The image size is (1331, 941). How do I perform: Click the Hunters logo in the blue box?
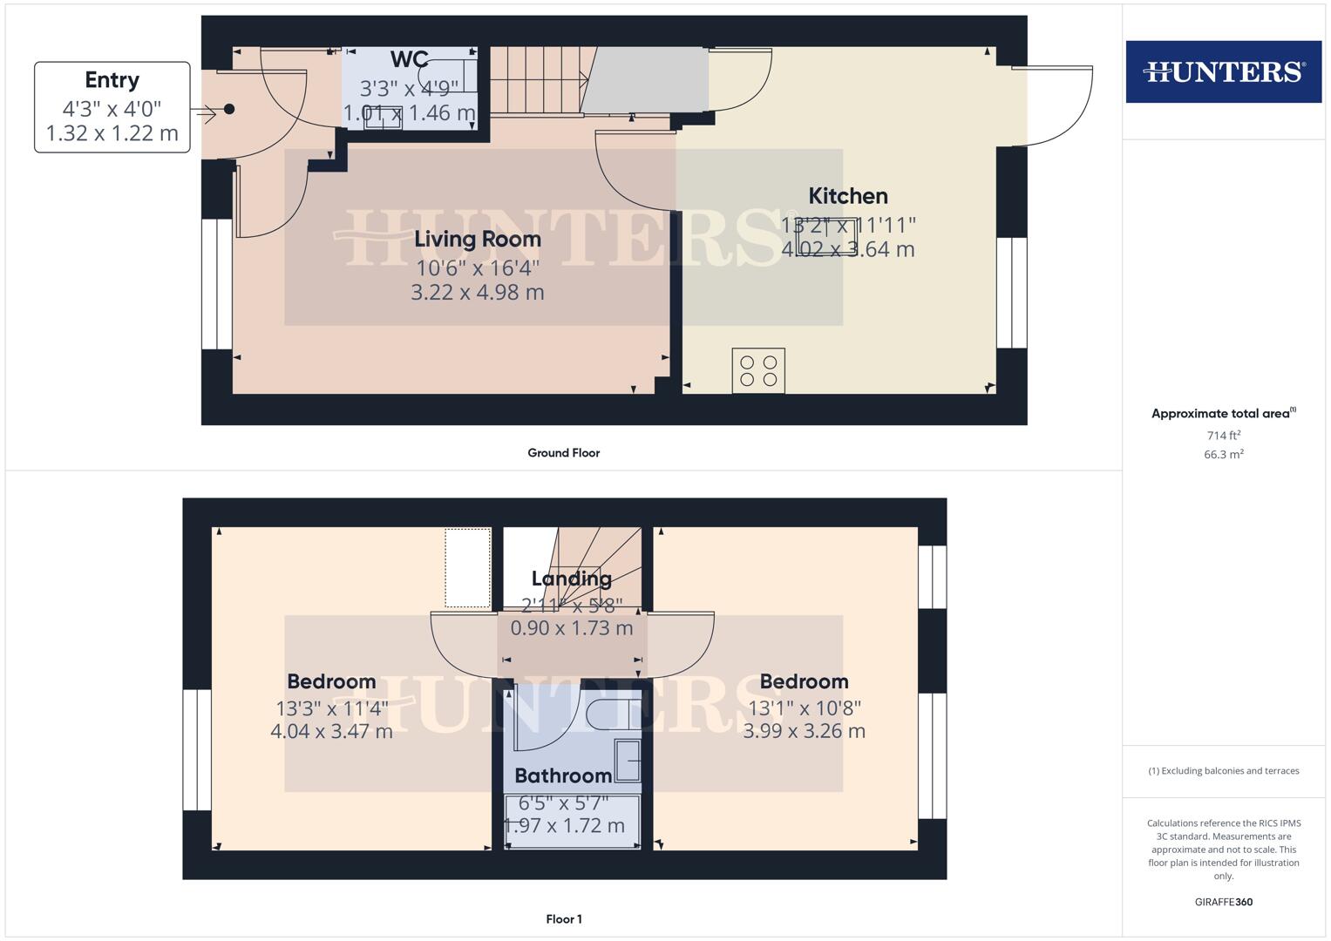click(x=1223, y=71)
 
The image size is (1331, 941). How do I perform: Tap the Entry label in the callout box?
click(x=112, y=80)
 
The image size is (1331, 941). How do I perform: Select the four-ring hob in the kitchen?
click(x=758, y=370)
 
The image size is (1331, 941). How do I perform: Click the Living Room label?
click(x=477, y=239)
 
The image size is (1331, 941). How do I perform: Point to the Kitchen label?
click(x=847, y=196)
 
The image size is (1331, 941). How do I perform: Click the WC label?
click(x=409, y=59)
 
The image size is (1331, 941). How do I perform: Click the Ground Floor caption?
click(x=563, y=453)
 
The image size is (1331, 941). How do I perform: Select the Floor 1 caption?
click(x=563, y=919)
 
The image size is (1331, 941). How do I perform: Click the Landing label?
click(x=571, y=579)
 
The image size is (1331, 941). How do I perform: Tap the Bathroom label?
click(x=563, y=775)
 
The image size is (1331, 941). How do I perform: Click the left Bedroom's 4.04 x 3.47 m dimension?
click(x=331, y=731)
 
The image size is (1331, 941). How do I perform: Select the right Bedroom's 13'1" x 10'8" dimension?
click(x=804, y=708)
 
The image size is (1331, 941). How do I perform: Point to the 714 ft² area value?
click(x=1223, y=436)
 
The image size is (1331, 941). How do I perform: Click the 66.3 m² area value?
click(x=1223, y=455)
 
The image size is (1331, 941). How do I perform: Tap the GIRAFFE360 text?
click(x=1223, y=902)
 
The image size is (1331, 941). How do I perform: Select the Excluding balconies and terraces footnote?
click(x=1223, y=771)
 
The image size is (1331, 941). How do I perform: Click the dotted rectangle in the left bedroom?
click(x=468, y=567)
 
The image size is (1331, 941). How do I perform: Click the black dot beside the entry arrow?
click(x=229, y=109)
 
